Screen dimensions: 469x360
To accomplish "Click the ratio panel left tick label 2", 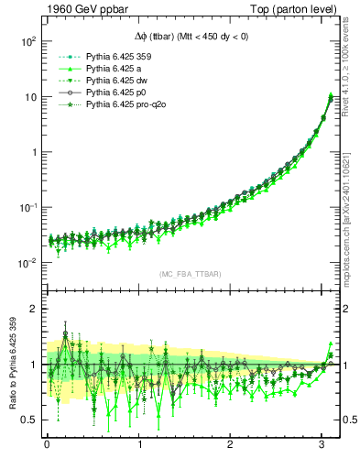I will [x=33, y=310].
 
